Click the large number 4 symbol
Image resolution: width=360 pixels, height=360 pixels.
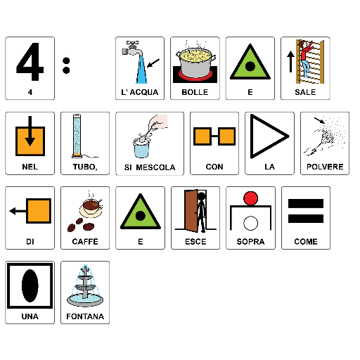tap(30, 61)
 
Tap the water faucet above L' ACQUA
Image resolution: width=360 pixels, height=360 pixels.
tap(132, 49)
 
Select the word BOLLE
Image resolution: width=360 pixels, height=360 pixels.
tap(195, 92)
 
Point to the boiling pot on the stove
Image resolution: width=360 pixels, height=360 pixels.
tap(195, 63)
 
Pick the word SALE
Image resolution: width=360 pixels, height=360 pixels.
tap(305, 92)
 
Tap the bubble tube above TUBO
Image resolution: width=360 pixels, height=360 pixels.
tap(77, 136)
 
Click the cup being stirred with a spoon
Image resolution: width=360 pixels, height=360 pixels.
tap(141, 148)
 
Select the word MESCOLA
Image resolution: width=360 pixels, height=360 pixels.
tap(155, 167)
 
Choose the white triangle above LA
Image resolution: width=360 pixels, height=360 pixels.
tap(269, 136)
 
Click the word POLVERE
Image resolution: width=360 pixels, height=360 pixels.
tap(325, 167)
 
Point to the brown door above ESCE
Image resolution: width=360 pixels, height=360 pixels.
tap(191, 210)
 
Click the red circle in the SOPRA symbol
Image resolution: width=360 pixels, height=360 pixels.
tap(250, 198)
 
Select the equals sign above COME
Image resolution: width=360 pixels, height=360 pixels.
tap(306, 211)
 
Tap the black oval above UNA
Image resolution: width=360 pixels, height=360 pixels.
tap(30, 285)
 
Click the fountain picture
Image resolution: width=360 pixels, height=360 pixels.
tap(85, 286)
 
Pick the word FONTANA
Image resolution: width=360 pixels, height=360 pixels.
tap(85, 316)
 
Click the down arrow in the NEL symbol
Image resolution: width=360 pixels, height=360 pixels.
tap(30, 131)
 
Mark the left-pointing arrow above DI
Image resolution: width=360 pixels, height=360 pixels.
tap(18, 211)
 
